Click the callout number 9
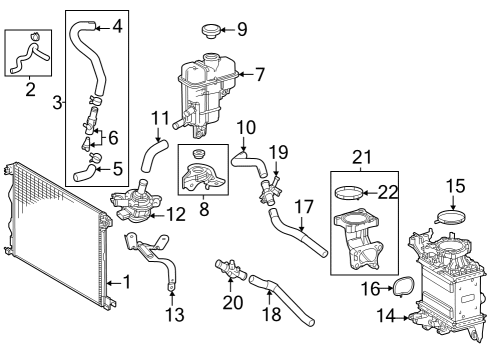(x=242, y=27)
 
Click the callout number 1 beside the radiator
(x=125, y=283)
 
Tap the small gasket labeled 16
(x=403, y=288)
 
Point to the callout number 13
(x=175, y=315)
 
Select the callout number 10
(x=246, y=128)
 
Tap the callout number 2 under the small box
(x=29, y=91)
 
